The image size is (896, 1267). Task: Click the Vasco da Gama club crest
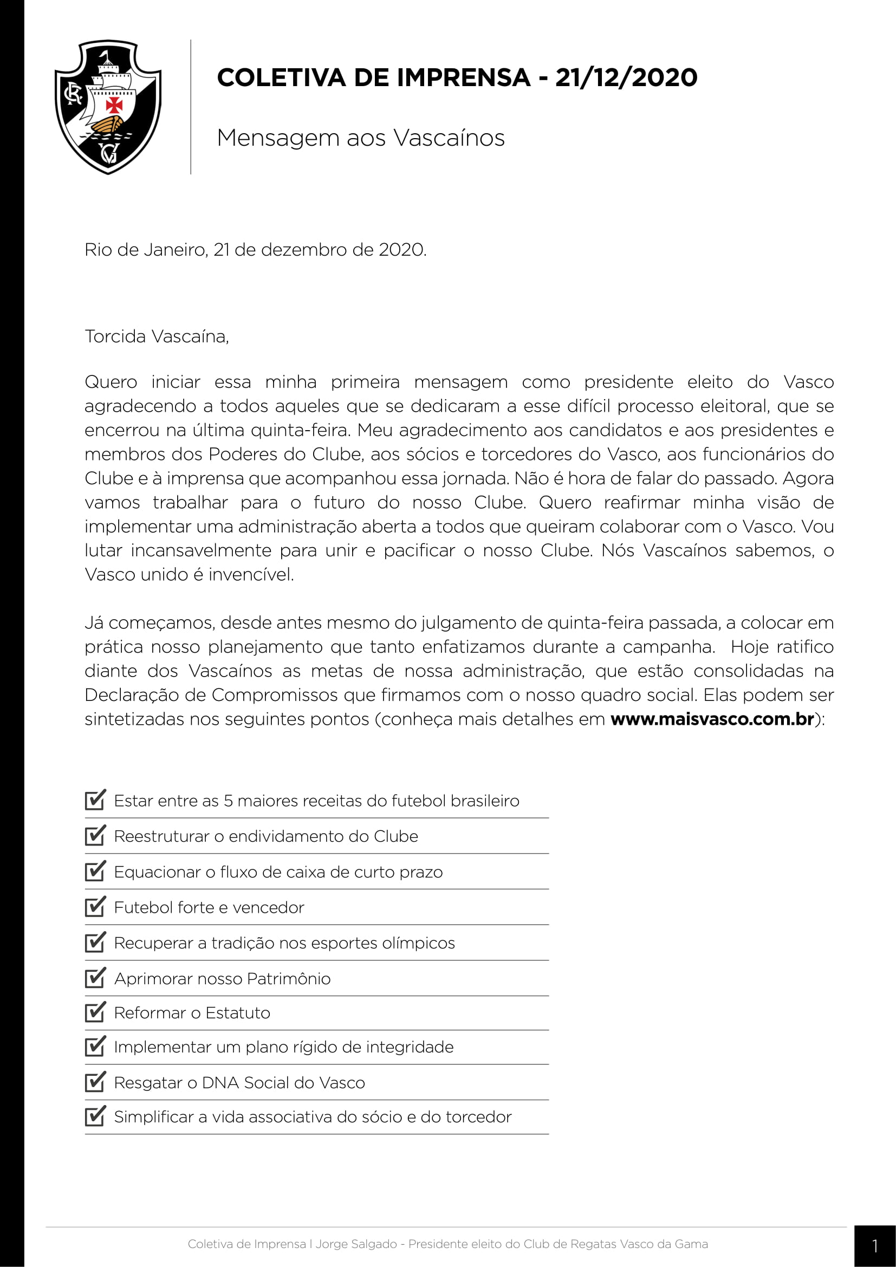pos(108,107)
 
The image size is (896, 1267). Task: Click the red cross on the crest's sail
pos(114,105)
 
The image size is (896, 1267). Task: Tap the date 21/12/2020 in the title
pos(626,77)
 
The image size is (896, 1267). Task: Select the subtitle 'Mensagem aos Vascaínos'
pos(361,138)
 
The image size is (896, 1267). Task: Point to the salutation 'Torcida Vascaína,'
pos(157,336)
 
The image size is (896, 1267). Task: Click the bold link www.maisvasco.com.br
pos(712,719)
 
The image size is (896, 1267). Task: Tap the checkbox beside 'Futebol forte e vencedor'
pos(95,907)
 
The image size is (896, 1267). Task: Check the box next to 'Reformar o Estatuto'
pos(95,1012)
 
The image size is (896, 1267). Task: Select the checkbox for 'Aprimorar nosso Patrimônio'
pos(95,978)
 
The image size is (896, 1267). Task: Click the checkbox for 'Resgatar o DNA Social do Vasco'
pos(95,1082)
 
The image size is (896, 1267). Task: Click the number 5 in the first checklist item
pos(228,801)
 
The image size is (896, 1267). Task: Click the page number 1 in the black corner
pos(874,1246)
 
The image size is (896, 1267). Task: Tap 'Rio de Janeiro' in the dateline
pos(145,250)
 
